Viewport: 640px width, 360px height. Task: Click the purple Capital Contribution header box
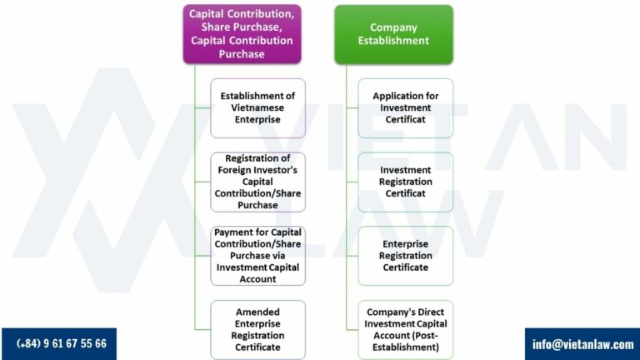[x=242, y=34]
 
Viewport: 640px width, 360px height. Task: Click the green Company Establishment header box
[x=393, y=34]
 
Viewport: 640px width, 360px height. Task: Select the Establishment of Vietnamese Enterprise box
[x=257, y=108]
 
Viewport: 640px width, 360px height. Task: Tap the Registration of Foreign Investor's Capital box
[x=257, y=182]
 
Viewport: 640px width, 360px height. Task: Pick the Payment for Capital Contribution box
[x=257, y=255]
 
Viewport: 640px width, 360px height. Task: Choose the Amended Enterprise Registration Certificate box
[x=257, y=329]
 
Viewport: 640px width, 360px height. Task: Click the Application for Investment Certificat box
[x=405, y=108]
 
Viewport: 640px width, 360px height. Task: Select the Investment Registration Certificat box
[x=405, y=182]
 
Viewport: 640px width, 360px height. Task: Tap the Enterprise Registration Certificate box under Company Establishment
[x=405, y=255]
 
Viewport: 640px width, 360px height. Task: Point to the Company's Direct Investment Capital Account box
[x=405, y=329]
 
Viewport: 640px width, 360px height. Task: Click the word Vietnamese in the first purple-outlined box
[x=257, y=108]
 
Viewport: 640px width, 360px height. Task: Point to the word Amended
[x=257, y=312]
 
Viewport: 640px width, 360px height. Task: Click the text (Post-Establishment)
[x=405, y=341]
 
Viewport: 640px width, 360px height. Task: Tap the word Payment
[x=232, y=232]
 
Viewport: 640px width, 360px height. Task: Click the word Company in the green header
[x=393, y=27]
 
